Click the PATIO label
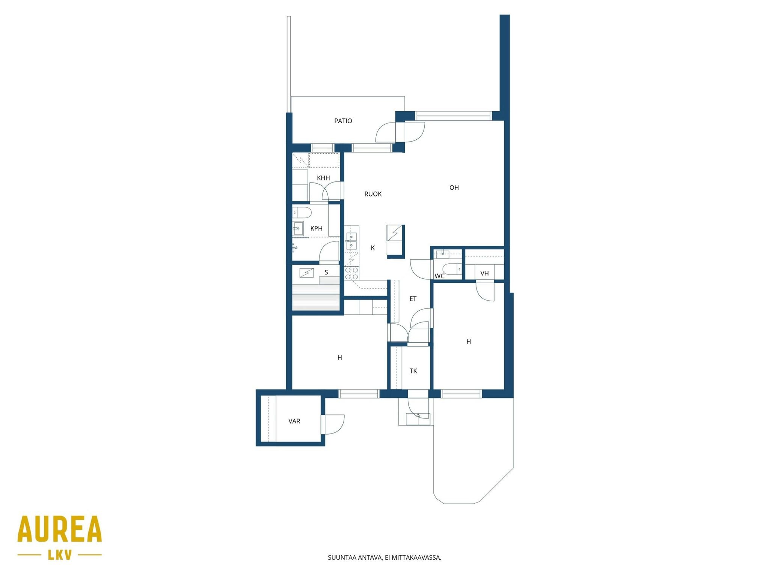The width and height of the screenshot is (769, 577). pos(343,121)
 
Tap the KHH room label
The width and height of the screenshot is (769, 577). pos(323,178)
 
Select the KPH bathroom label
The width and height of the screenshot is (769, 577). pos(317,228)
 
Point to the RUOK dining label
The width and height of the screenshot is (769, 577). pos(373,194)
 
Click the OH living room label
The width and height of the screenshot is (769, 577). pos(454,188)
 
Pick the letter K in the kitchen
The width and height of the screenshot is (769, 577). pos(373,248)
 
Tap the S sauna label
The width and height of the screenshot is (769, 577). pos(326,272)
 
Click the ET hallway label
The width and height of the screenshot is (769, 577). pos(413,299)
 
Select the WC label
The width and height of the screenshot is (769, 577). pos(439,276)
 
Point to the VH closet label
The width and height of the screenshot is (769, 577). pos(484,273)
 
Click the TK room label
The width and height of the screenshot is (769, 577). pos(413,371)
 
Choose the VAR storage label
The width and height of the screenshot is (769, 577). pos(294,421)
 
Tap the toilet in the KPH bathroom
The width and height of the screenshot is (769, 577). pos(302,213)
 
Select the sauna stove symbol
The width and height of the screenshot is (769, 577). pos(306,273)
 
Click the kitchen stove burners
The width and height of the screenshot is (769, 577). pos(351,273)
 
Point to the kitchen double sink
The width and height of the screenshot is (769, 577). pos(351,241)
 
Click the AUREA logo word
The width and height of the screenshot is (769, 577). pos(60,529)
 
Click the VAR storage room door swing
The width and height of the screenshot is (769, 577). pos(334,424)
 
